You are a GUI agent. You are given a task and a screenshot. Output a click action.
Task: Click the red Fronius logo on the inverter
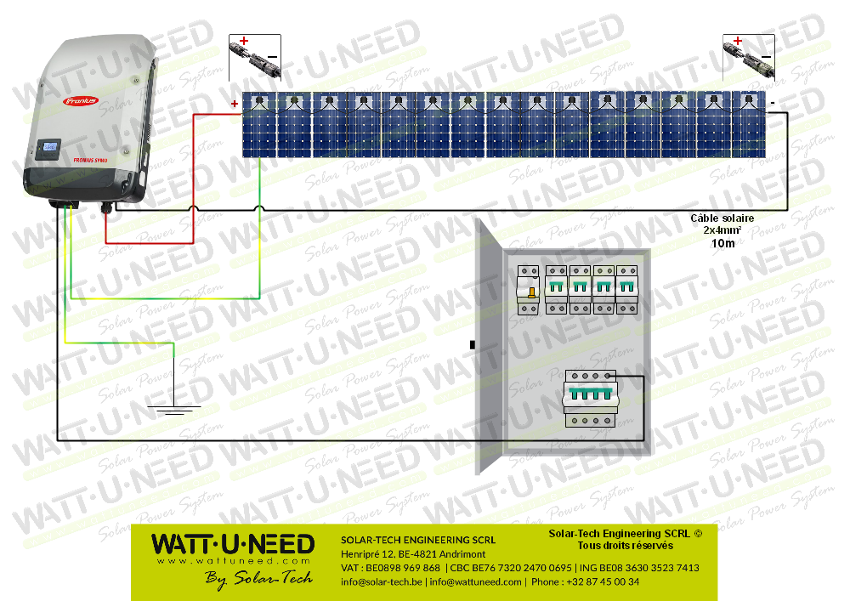click(81, 101)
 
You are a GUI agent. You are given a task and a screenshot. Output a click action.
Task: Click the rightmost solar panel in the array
click(749, 125)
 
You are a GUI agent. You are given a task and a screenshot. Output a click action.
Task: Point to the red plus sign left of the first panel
click(235, 105)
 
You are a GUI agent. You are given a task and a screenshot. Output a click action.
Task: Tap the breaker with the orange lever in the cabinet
click(529, 290)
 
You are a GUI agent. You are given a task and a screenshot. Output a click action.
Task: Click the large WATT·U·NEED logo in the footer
click(232, 544)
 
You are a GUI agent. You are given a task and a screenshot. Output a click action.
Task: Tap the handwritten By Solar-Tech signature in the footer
click(259, 577)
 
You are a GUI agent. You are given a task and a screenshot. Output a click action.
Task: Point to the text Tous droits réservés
click(625, 546)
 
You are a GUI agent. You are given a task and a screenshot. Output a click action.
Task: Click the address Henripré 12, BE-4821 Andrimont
click(413, 554)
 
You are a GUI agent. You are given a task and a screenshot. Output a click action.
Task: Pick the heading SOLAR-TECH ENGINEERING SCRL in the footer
click(417, 540)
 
